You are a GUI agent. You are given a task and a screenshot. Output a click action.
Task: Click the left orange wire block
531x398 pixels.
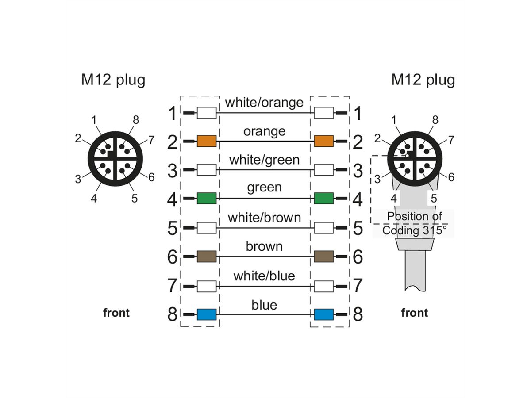[x=206, y=142]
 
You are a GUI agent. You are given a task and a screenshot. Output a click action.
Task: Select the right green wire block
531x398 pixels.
[x=323, y=199]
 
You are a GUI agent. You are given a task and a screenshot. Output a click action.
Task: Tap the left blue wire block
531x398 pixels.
[x=206, y=314]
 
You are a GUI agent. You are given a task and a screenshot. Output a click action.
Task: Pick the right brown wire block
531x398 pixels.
[x=323, y=256]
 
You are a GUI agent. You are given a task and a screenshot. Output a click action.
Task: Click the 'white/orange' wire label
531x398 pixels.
[x=264, y=103]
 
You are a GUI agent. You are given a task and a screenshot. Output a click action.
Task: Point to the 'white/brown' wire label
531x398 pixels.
[x=264, y=218]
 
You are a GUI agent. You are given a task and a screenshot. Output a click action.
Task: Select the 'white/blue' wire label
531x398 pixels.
[x=264, y=276]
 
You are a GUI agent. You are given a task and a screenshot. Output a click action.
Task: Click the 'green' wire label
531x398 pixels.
[x=264, y=188]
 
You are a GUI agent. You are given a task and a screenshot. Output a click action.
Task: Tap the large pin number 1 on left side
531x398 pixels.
[x=173, y=114]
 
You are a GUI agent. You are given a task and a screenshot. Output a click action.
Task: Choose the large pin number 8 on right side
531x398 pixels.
[x=358, y=314]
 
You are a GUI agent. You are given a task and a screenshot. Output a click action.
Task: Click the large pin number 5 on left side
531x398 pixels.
[x=173, y=229]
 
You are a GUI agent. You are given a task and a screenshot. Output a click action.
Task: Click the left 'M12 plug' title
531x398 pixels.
[x=113, y=80]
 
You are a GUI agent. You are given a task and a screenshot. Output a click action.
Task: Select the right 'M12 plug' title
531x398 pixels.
[x=423, y=80]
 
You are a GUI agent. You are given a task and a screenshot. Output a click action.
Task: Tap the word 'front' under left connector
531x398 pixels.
[x=116, y=313]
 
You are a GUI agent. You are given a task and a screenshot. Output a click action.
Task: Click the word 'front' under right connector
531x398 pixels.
[x=415, y=313]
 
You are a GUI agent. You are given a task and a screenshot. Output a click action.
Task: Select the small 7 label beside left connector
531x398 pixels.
[x=151, y=141]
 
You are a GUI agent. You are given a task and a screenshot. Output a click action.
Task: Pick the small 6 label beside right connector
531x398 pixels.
[x=451, y=177]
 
